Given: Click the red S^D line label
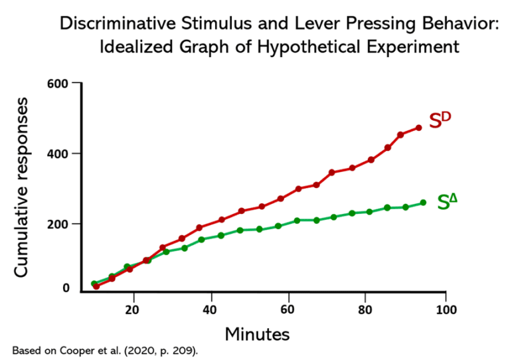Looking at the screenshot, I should point(440,120).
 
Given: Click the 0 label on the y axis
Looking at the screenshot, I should point(66,288).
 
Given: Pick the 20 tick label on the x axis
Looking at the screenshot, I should point(133,310).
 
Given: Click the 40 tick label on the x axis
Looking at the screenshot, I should point(211,310).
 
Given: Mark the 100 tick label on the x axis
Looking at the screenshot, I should point(446,310).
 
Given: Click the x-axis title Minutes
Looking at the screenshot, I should point(257,333).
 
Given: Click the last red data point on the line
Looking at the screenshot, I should point(418,128).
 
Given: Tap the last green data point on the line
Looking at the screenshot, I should point(423,203).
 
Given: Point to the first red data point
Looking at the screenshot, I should point(96,286).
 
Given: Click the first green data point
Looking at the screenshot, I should point(94,284).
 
